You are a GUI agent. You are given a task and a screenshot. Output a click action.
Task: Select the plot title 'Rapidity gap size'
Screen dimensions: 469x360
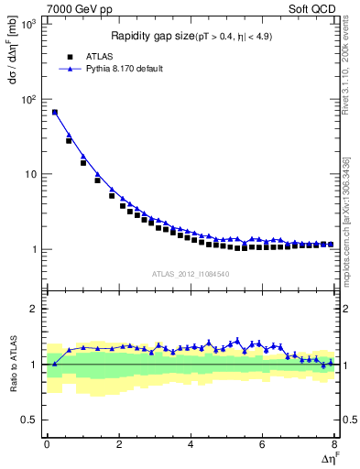pos(150,37)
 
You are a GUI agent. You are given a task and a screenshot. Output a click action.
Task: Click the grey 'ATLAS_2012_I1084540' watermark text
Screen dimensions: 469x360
pos(190,273)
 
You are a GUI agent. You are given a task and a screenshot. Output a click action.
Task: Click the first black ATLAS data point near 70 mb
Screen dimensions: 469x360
pos(55,113)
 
